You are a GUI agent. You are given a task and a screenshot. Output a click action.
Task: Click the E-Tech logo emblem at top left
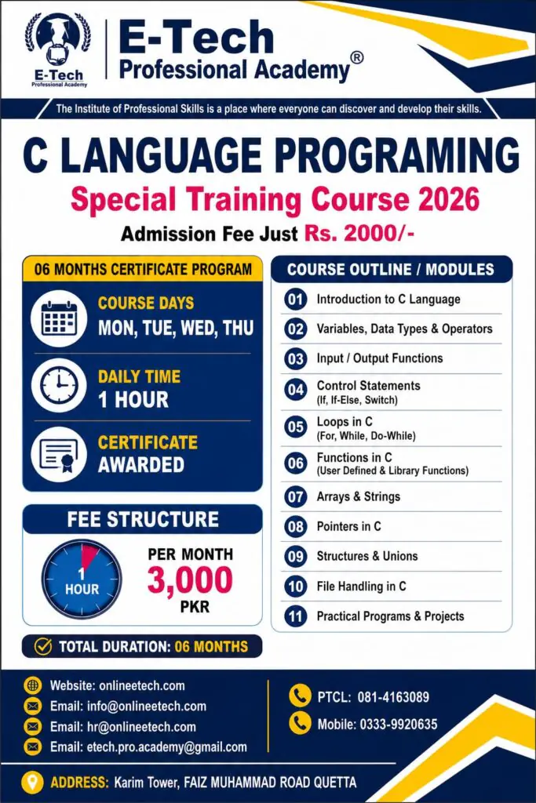(x=58, y=49)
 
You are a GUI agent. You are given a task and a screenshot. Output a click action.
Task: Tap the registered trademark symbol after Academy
(x=357, y=57)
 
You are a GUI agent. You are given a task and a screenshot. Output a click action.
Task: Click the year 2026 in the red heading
(x=449, y=199)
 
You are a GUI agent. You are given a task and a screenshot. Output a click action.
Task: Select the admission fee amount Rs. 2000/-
(x=359, y=234)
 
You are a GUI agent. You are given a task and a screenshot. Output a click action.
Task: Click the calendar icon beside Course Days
(x=58, y=318)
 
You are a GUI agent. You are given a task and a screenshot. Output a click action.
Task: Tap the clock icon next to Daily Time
(x=58, y=385)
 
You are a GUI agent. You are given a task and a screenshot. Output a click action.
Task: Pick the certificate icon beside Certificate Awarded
(x=58, y=454)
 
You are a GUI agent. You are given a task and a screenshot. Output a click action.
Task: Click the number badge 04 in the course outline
(x=296, y=391)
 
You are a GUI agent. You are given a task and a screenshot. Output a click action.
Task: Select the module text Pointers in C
(x=349, y=526)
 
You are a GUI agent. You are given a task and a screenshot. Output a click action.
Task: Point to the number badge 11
(x=296, y=616)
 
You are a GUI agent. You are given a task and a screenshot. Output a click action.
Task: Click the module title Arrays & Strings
(x=358, y=496)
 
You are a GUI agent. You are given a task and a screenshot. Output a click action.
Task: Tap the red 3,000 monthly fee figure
(x=190, y=580)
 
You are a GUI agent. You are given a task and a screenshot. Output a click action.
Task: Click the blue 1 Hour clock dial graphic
(x=82, y=579)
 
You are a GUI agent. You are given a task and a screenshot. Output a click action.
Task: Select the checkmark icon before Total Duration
(x=43, y=646)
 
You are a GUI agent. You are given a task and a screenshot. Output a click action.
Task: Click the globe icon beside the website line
(x=33, y=685)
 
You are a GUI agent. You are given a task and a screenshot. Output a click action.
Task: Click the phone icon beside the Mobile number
(x=300, y=722)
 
